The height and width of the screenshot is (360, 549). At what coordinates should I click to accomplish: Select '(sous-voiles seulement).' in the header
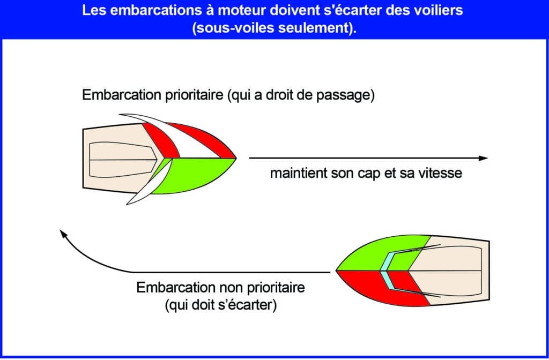(274, 28)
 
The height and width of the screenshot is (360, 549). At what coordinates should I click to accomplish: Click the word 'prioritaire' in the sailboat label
(194, 95)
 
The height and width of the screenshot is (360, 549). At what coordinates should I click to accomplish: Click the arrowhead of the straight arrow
(484, 158)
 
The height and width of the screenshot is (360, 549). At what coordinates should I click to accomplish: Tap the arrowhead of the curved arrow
(63, 234)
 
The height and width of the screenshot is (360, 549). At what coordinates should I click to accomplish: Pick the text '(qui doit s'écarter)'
(220, 305)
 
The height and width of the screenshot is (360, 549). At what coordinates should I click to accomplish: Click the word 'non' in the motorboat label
(232, 288)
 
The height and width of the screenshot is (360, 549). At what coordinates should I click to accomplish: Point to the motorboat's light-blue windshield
(386, 272)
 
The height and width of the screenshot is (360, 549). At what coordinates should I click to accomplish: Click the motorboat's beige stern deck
(451, 271)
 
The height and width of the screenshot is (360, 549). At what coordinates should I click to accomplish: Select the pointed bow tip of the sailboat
(236, 158)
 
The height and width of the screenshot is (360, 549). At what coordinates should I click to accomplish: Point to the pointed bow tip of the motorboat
(337, 271)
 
